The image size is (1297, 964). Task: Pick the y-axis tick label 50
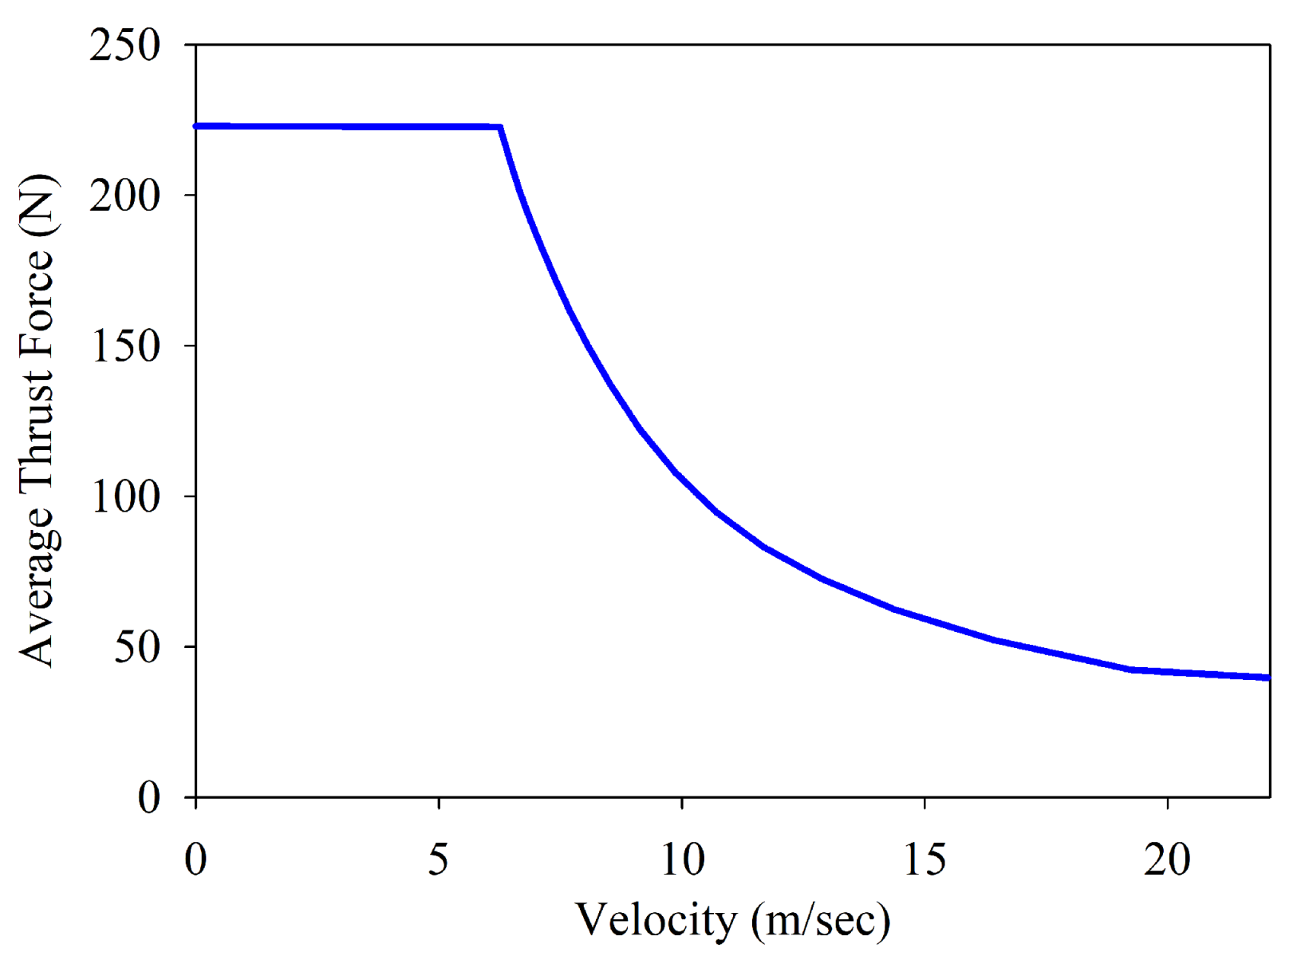click(136, 646)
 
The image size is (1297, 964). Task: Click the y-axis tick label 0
click(148, 796)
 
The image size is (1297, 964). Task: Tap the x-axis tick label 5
click(439, 859)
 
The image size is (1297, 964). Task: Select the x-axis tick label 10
click(682, 859)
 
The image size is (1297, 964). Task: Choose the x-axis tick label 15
click(924, 859)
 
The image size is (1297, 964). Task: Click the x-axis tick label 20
click(1167, 859)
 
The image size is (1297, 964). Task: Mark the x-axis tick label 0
click(195, 859)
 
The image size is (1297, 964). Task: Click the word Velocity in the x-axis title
click(656, 920)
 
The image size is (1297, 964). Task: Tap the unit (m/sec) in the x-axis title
click(820, 920)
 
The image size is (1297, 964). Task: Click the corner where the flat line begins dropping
click(500, 127)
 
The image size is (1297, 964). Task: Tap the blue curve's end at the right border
click(1267, 678)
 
